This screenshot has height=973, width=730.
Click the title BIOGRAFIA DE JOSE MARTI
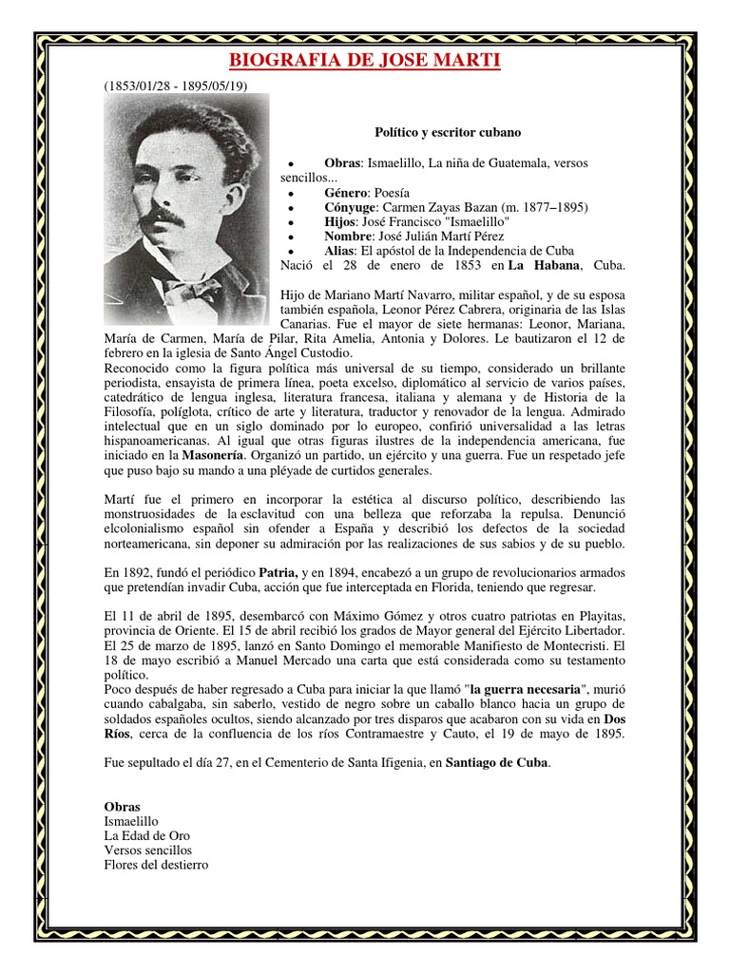click(x=366, y=63)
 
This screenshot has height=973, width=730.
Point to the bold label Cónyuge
click(x=350, y=206)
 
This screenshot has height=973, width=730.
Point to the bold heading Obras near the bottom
click(x=122, y=805)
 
